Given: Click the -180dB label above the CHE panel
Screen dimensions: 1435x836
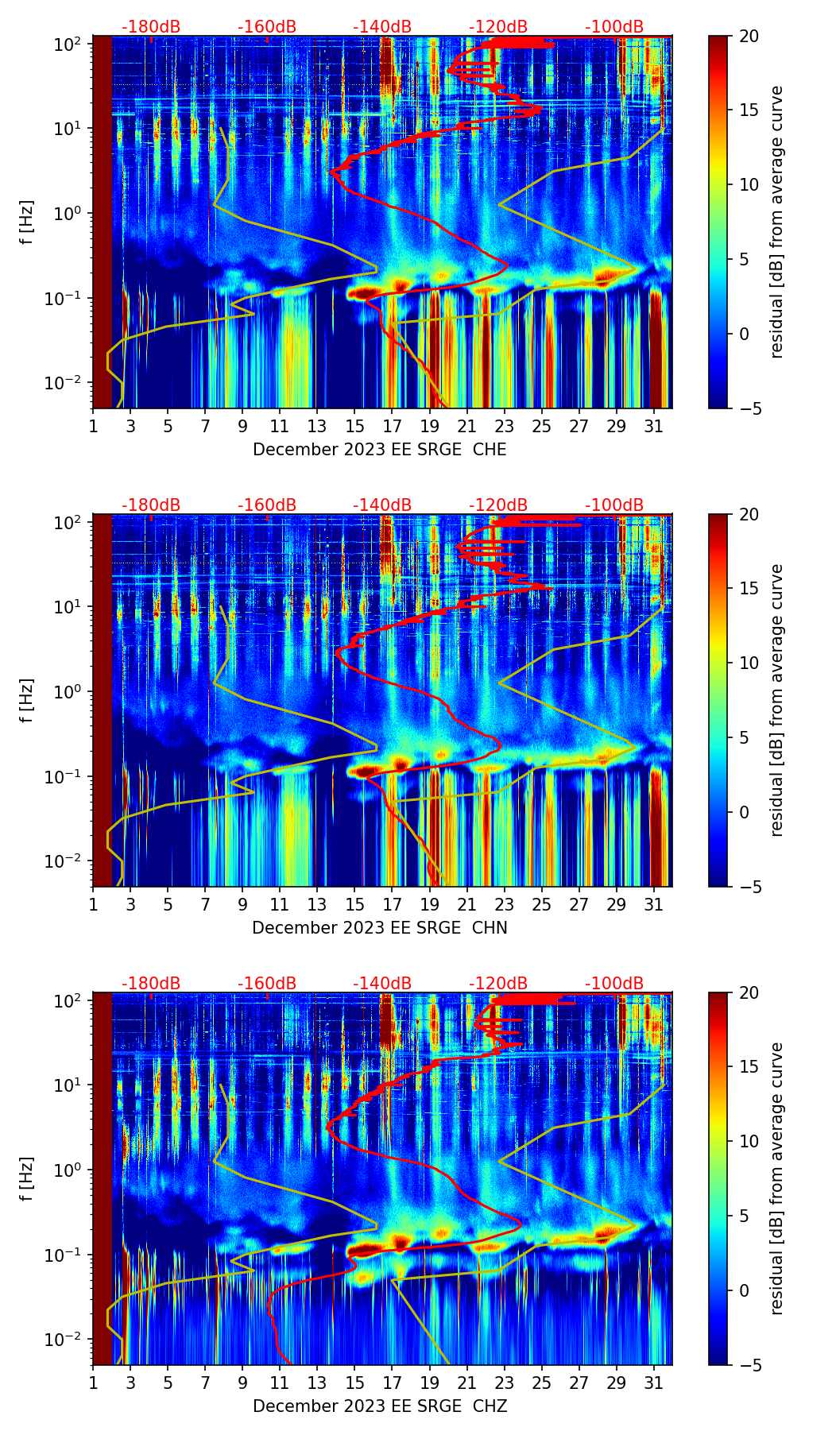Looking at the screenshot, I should coord(151,27).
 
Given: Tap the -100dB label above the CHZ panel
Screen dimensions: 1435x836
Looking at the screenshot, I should coord(614,984).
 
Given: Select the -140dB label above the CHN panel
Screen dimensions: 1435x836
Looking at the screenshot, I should coord(382,505).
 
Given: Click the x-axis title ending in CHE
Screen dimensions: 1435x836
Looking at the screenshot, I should coord(380,450).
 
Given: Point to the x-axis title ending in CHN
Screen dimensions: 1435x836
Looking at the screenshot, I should coord(380,928).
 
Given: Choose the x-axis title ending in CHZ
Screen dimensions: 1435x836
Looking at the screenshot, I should coord(380,1406).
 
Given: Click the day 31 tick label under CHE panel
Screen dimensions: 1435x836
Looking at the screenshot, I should coord(654,427).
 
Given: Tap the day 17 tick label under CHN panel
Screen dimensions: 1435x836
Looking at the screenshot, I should coord(392,905).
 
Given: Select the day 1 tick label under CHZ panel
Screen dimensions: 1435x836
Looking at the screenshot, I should coord(93,1383).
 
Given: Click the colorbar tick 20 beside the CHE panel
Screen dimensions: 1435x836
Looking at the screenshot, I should coord(749,36).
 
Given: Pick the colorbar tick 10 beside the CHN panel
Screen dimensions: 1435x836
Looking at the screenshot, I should coord(749,663).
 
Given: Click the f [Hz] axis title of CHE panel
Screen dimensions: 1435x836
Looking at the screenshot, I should coord(27,222).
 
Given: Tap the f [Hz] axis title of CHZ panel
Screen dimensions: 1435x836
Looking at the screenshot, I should coord(27,1178).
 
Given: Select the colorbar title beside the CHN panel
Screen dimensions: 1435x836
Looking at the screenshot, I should coord(777,700).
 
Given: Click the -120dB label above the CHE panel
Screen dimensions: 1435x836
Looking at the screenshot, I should coord(498,27).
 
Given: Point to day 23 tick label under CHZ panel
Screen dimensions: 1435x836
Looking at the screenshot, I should coord(504,1383).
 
